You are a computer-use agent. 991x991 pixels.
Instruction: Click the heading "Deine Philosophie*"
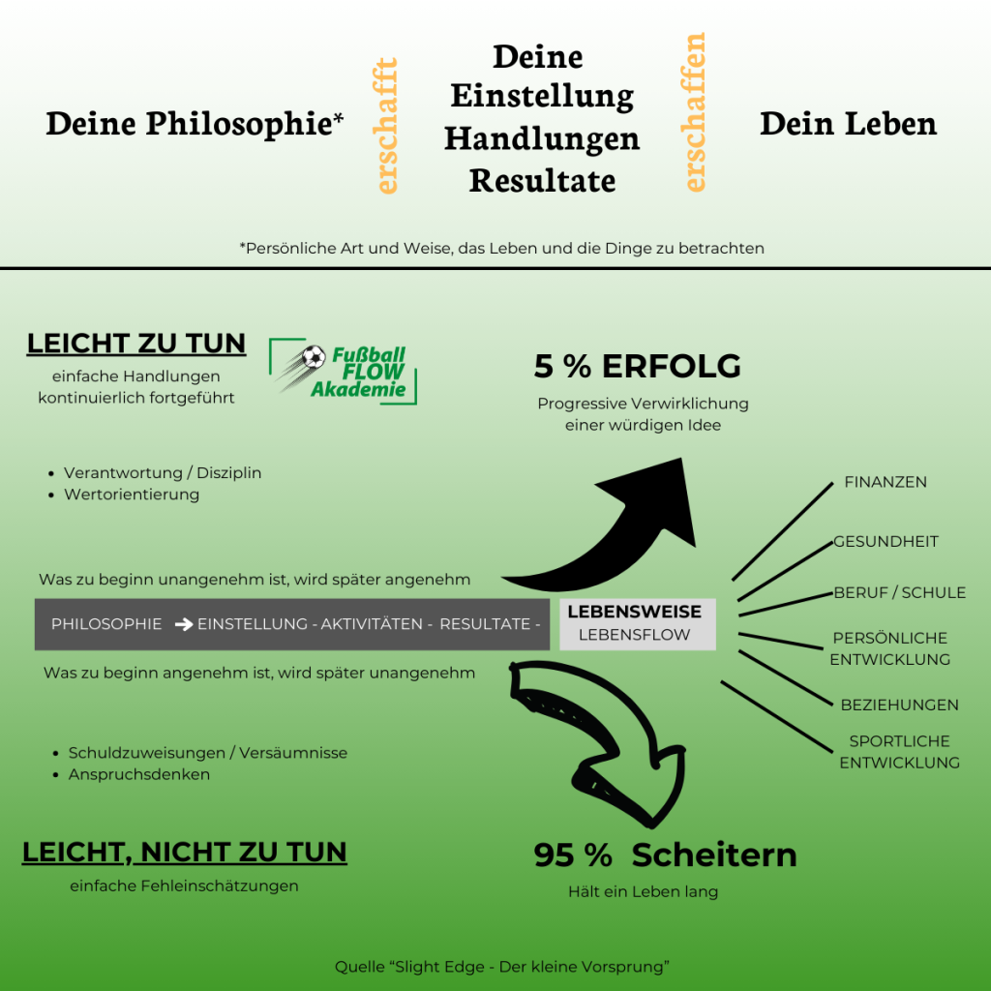pos(195,124)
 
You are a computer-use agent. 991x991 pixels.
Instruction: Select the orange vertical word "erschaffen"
pos(694,112)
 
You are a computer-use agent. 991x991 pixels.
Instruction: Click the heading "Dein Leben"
pos(848,124)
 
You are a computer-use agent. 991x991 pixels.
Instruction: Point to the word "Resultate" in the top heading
pos(542,181)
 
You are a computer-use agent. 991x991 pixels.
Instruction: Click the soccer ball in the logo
pos(314,357)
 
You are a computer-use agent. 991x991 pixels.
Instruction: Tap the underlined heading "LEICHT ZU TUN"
pos(136,344)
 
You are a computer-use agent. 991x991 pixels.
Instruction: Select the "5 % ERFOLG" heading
pos(637,366)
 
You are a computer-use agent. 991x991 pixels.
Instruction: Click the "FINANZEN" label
pos(886,482)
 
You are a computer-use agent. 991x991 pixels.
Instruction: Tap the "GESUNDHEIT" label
pos(886,542)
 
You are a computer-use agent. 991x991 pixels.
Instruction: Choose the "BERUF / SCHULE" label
pos(899,593)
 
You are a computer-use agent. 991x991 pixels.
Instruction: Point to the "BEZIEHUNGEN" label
pos(899,705)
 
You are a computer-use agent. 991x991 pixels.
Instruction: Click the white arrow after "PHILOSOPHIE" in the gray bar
pos(184,624)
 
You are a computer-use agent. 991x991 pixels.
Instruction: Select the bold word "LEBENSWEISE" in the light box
pos(635,612)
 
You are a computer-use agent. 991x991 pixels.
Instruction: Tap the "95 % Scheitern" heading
pos(665,856)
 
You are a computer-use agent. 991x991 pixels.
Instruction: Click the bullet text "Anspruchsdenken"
pos(139,774)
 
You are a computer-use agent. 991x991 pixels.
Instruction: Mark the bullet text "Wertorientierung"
pos(132,495)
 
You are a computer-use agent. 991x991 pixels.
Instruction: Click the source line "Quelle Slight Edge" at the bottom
pos(502,967)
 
